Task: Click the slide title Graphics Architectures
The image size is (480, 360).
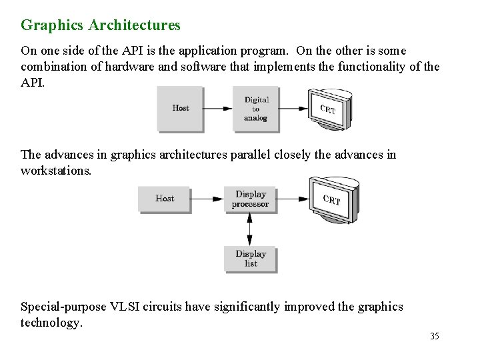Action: click(101, 25)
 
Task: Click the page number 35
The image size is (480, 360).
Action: click(435, 336)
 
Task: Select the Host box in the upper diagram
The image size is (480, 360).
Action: click(180, 108)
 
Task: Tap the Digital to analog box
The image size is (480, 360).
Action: click(255, 109)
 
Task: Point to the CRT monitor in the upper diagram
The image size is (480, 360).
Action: click(328, 110)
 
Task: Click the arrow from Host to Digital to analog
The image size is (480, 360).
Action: click(217, 109)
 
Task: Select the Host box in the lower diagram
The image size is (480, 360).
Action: click(164, 199)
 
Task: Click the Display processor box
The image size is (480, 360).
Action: click(250, 199)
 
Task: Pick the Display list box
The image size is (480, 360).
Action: click(250, 258)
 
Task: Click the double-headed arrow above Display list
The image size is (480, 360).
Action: click(250, 229)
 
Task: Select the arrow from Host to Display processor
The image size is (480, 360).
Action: click(207, 199)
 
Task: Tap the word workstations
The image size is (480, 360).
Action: click(55, 171)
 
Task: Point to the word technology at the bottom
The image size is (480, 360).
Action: click(51, 323)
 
